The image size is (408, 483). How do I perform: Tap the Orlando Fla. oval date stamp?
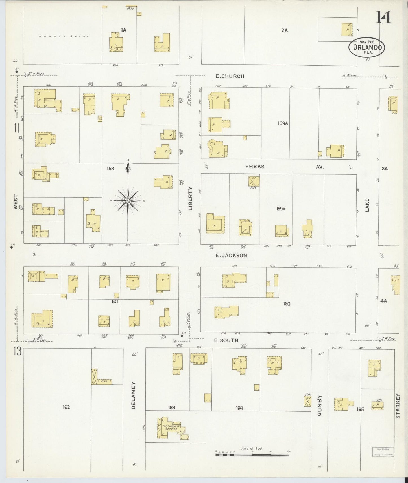(x=367, y=47)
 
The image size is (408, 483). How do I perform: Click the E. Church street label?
(x=230, y=76)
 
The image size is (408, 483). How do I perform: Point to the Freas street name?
(x=255, y=167)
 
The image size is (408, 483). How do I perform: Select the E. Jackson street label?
(x=231, y=256)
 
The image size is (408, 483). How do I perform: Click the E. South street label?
(x=226, y=340)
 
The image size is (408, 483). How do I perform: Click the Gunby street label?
(x=319, y=406)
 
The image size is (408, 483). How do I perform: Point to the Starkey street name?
(x=398, y=406)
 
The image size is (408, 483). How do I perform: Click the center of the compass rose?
(x=128, y=200)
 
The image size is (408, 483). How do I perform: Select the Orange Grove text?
(x=64, y=36)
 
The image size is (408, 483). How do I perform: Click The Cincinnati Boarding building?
(x=170, y=427)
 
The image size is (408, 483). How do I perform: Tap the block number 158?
(x=110, y=169)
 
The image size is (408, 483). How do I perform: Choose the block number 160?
(x=287, y=304)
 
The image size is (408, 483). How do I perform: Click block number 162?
(x=66, y=407)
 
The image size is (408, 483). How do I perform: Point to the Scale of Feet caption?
(x=251, y=448)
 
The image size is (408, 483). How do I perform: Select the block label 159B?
(x=281, y=209)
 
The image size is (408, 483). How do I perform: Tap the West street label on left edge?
(x=16, y=202)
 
